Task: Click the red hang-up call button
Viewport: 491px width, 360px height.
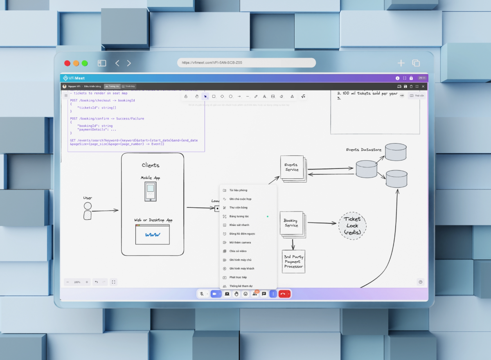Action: click(x=283, y=294)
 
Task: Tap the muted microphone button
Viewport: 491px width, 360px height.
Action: click(x=202, y=294)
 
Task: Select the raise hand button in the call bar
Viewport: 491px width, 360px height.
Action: click(x=236, y=294)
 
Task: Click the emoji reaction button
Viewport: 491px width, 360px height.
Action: click(x=245, y=294)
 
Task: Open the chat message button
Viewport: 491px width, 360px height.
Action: click(x=264, y=294)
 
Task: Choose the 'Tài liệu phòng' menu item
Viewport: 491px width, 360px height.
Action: click(x=238, y=190)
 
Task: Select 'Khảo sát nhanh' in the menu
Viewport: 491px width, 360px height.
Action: click(x=239, y=225)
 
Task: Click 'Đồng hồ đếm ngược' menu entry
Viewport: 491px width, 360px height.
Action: click(x=242, y=234)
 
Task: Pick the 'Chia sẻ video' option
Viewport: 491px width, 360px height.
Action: click(x=238, y=251)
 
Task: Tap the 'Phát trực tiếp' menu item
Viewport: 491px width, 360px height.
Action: click(x=238, y=277)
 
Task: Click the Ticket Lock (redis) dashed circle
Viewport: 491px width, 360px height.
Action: click(x=352, y=225)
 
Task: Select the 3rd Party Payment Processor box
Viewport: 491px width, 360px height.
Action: click(x=293, y=261)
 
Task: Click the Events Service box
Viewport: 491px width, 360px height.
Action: click(x=292, y=167)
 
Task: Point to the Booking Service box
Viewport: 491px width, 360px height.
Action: click(x=291, y=223)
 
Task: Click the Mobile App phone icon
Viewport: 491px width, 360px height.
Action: click(x=150, y=191)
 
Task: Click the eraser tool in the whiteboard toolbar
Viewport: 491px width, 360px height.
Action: click(x=281, y=97)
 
